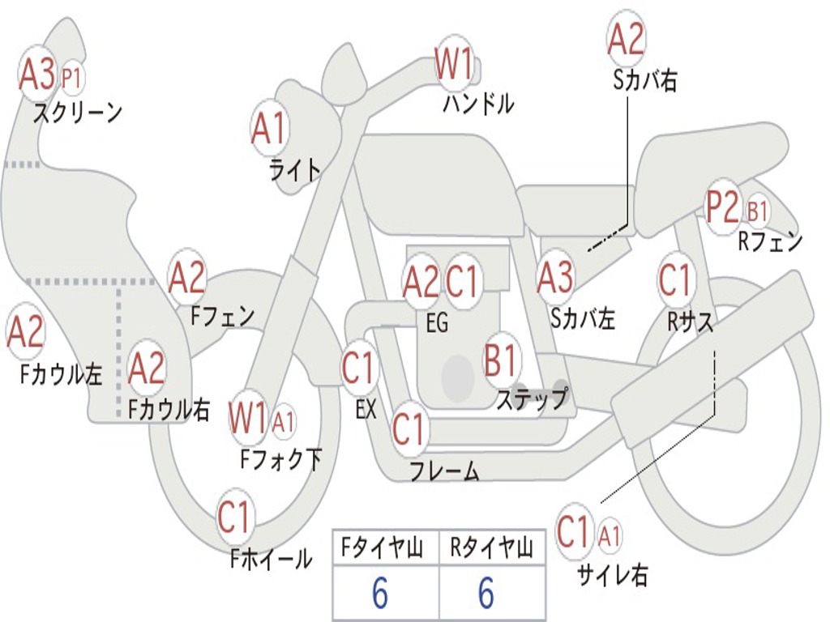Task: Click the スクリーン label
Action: [x=77, y=113]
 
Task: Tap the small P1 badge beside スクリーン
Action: [x=72, y=78]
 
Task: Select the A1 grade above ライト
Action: [x=269, y=128]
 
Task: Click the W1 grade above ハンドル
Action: [x=454, y=64]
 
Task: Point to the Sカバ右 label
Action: [x=645, y=81]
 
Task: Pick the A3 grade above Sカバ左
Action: [x=555, y=277]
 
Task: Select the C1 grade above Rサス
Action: [x=674, y=280]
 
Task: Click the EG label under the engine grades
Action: [x=437, y=322]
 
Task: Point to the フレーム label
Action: [x=444, y=470]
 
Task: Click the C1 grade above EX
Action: [x=358, y=369]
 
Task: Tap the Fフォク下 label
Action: [x=281, y=460]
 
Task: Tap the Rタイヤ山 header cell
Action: [x=491, y=549]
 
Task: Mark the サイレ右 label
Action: [x=613, y=575]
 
